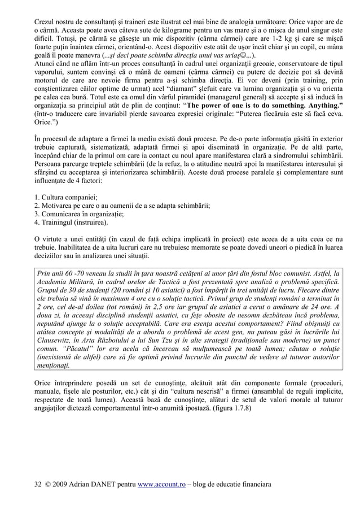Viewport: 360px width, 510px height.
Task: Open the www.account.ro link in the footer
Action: (x=161, y=484)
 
